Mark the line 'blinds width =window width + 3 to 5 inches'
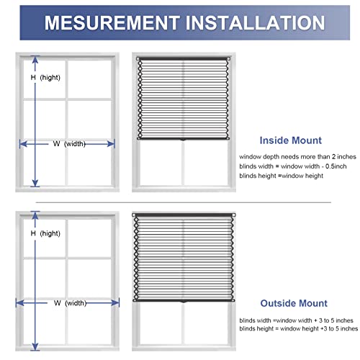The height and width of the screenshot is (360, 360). click(x=296, y=319)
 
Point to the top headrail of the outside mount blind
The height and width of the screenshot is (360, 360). click(x=183, y=215)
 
